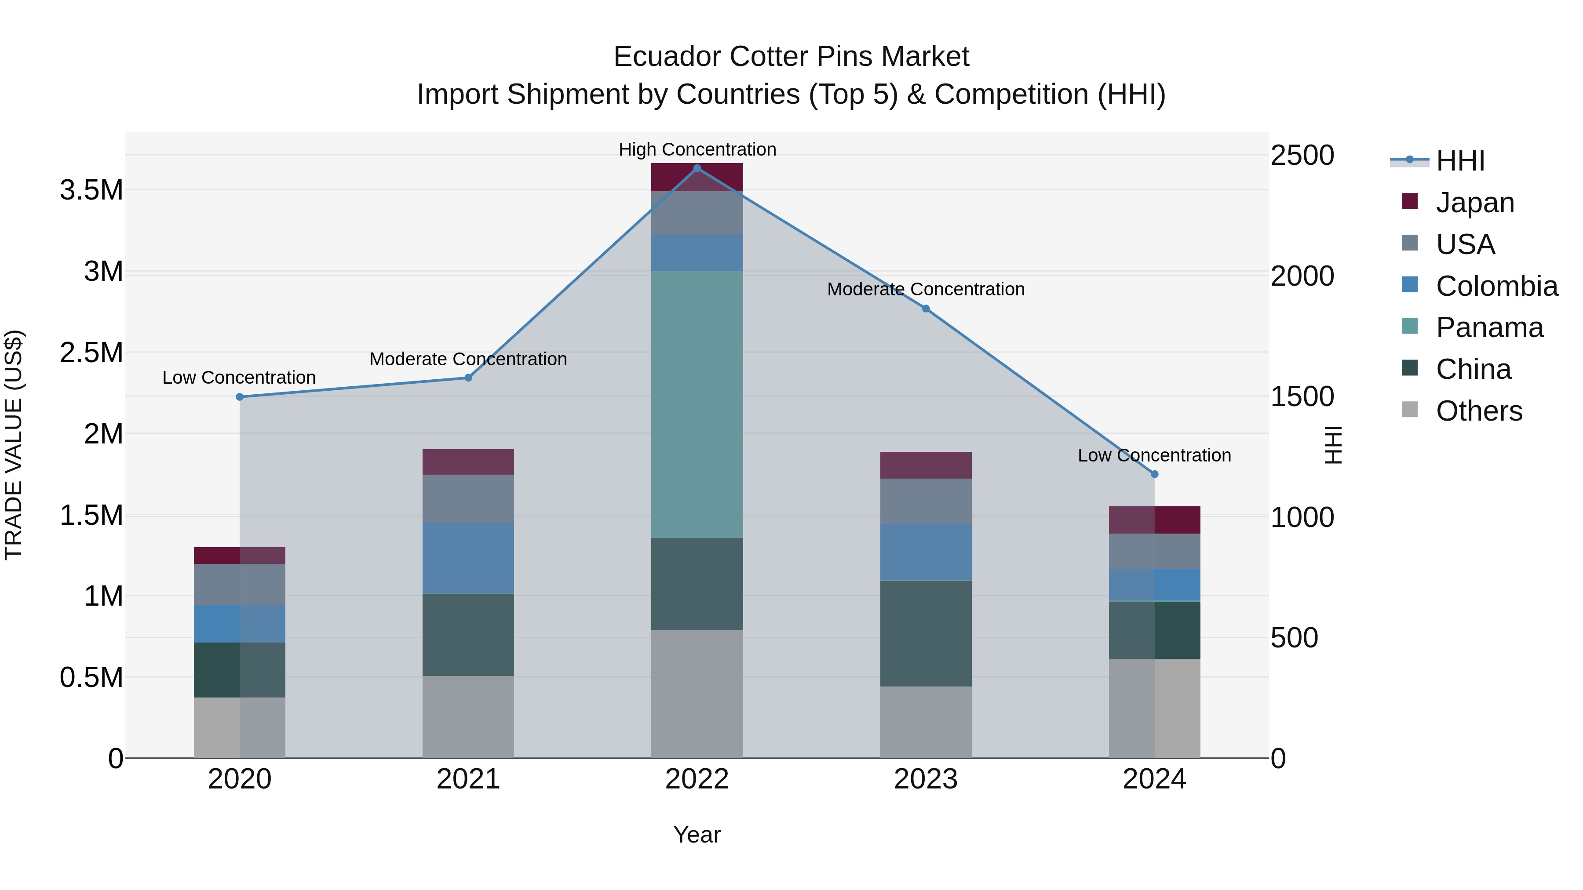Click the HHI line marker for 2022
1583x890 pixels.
[697, 168]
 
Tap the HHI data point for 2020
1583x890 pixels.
[240, 397]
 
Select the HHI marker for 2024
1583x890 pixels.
[1154, 474]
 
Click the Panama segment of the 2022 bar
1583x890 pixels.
[697, 404]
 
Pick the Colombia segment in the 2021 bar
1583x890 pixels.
[468, 558]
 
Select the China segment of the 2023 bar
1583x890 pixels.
[926, 633]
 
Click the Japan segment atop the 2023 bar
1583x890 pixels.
[926, 465]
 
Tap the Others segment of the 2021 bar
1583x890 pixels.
[468, 717]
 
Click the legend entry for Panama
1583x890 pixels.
[1489, 327]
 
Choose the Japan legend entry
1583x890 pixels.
[1474, 203]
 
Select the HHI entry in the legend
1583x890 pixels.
[1459, 161]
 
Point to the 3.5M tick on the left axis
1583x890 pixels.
[91, 190]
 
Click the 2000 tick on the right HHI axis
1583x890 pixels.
[1302, 276]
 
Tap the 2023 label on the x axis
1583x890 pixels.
[926, 779]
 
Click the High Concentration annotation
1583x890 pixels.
[697, 149]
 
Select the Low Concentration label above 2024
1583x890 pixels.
[1154, 455]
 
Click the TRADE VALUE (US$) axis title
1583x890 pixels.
[14, 445]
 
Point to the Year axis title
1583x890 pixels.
[697, 835]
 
